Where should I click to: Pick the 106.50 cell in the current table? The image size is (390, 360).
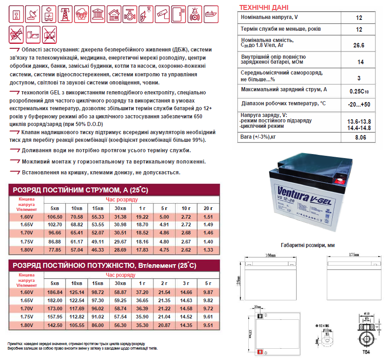[55, 217]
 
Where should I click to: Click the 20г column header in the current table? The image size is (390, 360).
[208, 208]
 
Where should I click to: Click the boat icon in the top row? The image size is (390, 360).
[211, 14]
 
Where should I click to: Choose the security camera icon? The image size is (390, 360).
[162, 14]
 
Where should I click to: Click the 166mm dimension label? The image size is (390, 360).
[269, 256]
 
